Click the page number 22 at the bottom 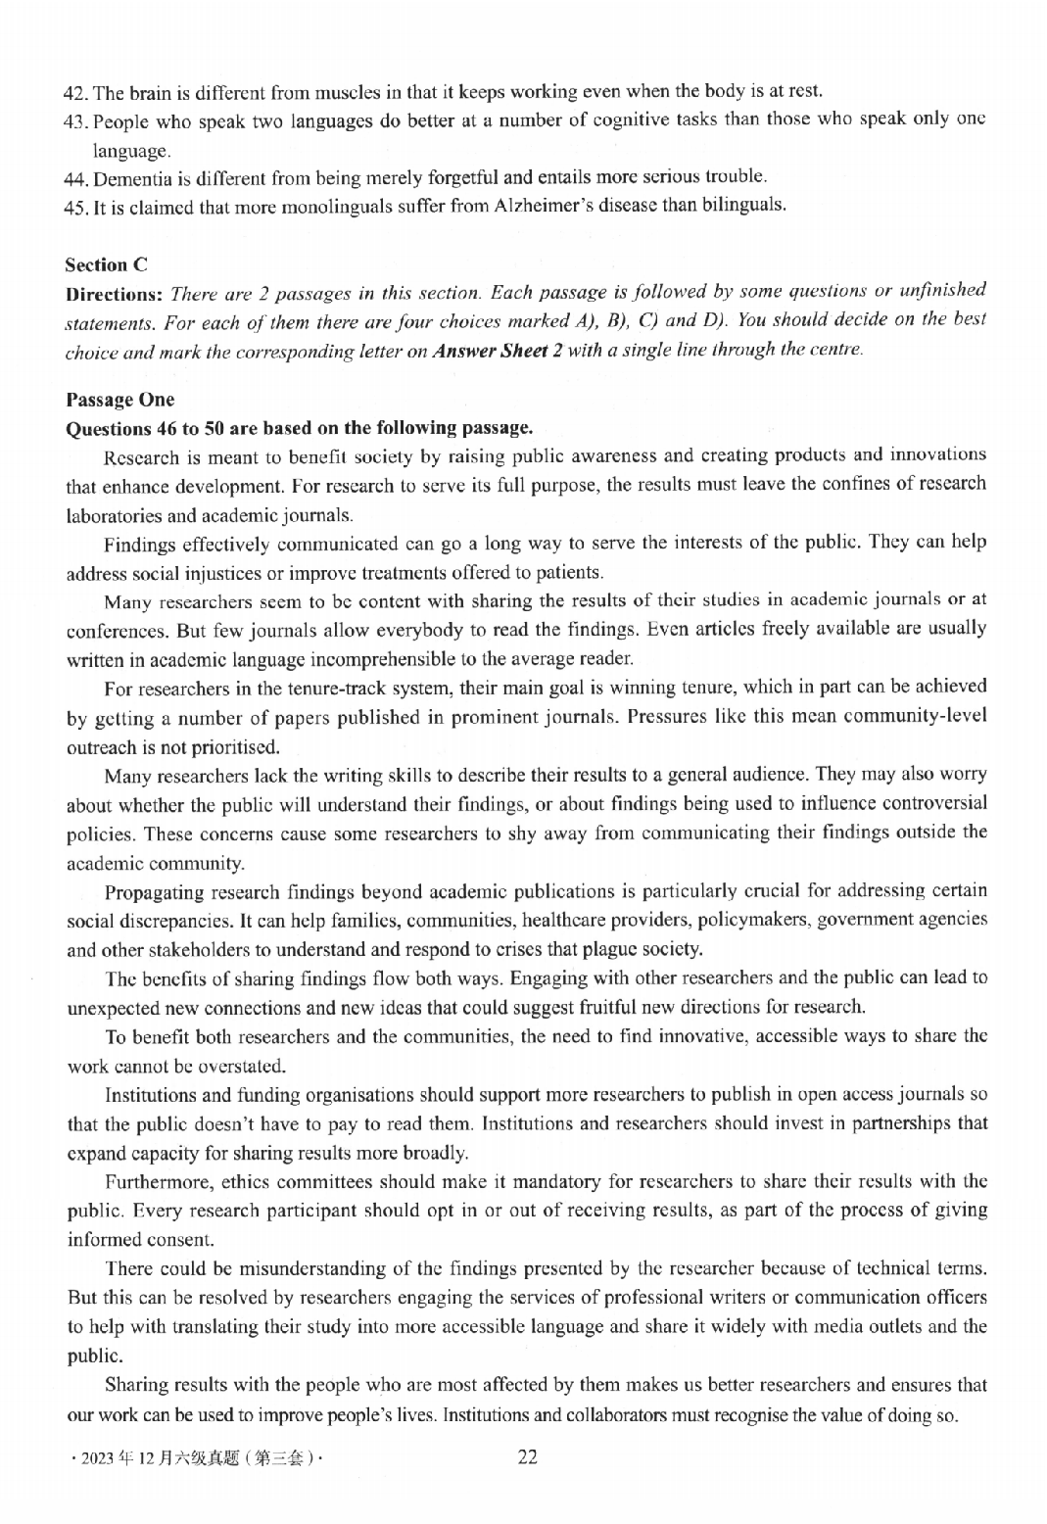527,1456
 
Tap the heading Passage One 119,399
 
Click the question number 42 75,93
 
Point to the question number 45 75,207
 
